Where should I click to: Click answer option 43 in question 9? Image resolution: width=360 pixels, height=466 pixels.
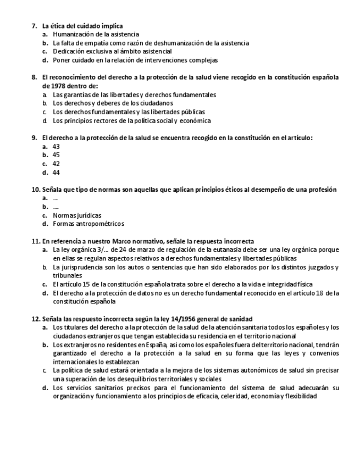coord(56,147)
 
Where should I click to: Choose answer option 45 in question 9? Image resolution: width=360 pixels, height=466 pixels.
coord(56,155)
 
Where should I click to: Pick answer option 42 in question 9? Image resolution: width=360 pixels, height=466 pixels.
coord(56,164)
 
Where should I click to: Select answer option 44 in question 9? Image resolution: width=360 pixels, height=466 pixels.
coord(56,172)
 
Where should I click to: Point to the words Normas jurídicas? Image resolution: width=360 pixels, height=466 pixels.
coord(77,215)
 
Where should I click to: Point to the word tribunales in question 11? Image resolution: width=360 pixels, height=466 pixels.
coord(67,275)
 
